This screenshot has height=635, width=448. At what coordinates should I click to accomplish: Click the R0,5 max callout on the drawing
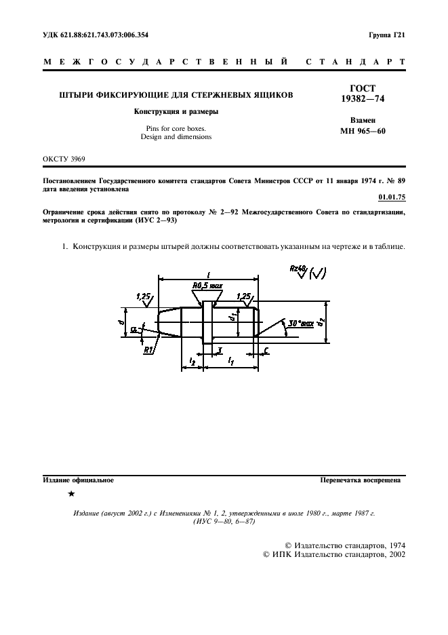[207, 286]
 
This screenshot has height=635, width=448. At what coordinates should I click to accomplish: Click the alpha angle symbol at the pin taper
[136, 330]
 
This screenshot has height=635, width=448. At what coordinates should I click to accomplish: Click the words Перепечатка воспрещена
[360, 480]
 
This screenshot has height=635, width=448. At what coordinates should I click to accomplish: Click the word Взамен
[363, 119]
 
